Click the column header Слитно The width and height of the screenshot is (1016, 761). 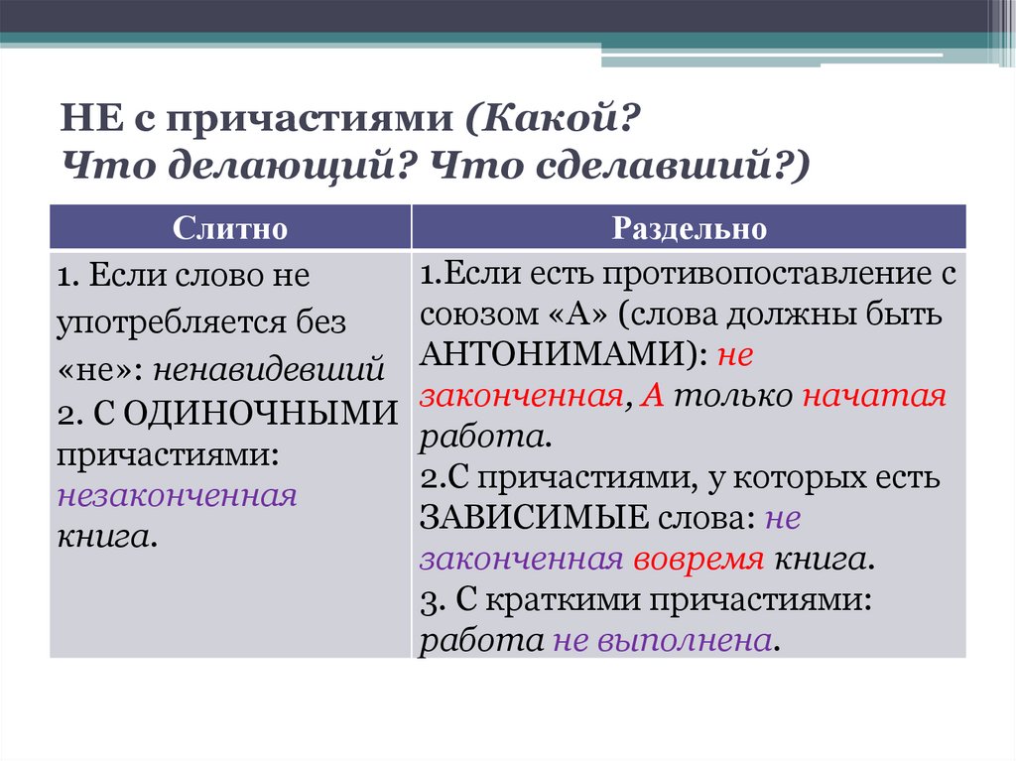pos(230,228)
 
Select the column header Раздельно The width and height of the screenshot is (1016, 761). pos(689,228)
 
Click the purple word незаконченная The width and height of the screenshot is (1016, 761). pos(178,495)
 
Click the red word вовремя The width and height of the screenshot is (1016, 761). pos(696,559)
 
